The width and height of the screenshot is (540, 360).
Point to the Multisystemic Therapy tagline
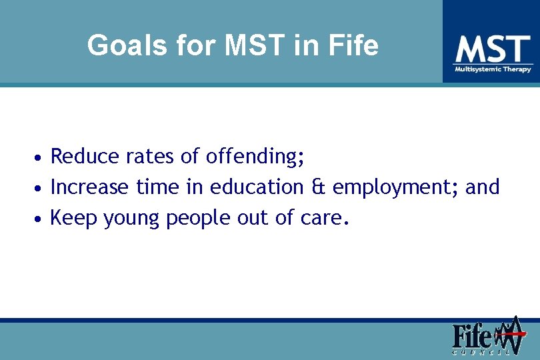click(493, 69)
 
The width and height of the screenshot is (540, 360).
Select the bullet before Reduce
click(40, 159)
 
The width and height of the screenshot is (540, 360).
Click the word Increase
click(89, 187)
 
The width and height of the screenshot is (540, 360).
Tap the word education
click(257, 187)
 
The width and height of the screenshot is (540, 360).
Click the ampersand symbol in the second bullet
click(318, 187)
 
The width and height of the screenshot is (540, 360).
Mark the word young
click(132, 219)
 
